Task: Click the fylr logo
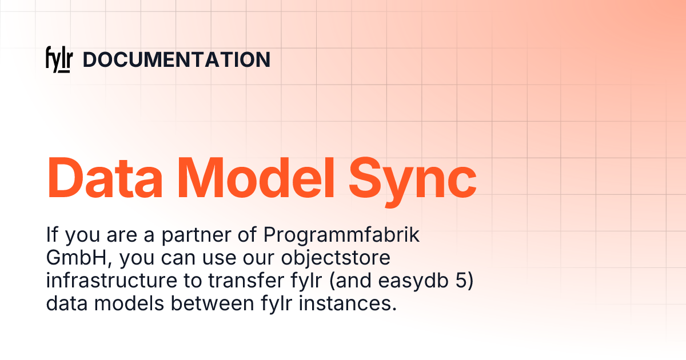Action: coord(58,60)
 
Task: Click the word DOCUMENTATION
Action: coord(177,60)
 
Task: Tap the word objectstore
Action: coord(335,259)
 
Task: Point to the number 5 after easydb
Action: coord(462,281)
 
